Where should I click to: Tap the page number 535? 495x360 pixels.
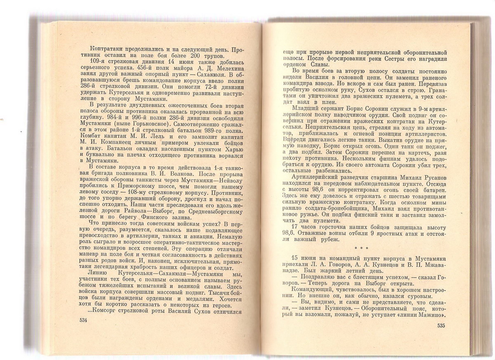441,325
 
